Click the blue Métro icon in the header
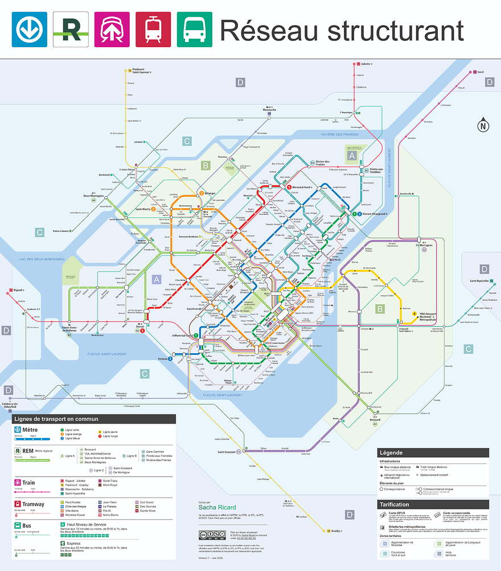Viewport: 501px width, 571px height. tap(30, 30)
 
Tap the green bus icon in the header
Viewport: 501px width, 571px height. tap(194, 30)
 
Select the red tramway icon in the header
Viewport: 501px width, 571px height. tap(153, 30)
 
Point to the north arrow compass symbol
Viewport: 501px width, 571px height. tap(483, 126)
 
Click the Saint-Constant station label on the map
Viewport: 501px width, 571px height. tap(225, 452)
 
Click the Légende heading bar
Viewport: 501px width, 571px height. tap(433, 453)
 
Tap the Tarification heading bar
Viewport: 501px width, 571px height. tap(433, 504)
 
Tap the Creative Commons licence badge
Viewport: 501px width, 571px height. tap(212, 535)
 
